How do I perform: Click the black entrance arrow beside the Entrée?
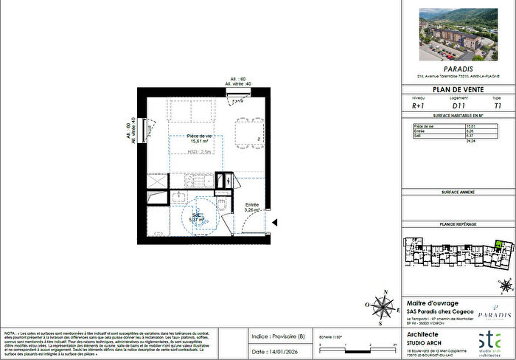click(x=273, y=221)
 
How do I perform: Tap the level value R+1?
click(x=417, y=106)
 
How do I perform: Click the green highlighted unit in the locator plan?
click(x=502, y=245)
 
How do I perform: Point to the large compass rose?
click(x=381, y=304)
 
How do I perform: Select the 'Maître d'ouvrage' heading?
click(x=433, y=303)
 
